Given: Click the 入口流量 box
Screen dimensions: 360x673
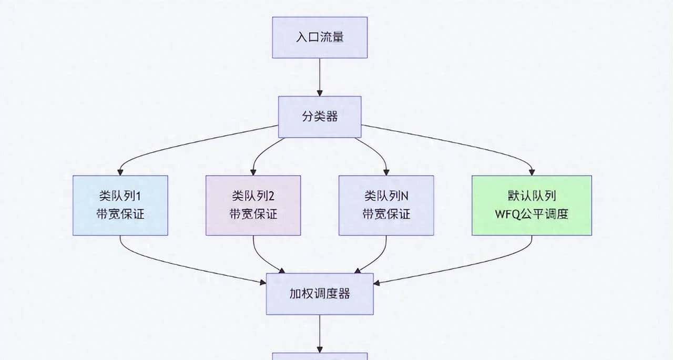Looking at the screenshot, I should tap(319, 37).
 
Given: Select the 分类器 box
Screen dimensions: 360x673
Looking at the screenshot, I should tap(319, 117).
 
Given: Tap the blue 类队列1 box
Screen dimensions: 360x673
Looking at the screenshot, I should tap(120, 205).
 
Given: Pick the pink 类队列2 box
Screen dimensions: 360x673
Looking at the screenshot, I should tap(253, 205).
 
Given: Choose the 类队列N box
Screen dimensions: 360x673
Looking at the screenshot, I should tap(386, 205).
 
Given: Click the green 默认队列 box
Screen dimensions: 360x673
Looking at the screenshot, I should tap(532, 205).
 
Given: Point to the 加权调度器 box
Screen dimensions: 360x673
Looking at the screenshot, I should tap(319, 294).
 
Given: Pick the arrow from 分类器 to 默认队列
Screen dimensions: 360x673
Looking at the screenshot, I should tap(463, 145).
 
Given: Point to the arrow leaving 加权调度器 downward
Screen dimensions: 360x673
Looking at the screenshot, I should tap(319, 333).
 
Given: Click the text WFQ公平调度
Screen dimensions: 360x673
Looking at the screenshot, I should tap(532, 214).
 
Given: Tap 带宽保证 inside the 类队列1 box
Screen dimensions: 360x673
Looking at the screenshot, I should tap(120, 214).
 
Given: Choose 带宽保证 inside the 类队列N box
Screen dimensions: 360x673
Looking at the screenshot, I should tap(386, 214).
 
